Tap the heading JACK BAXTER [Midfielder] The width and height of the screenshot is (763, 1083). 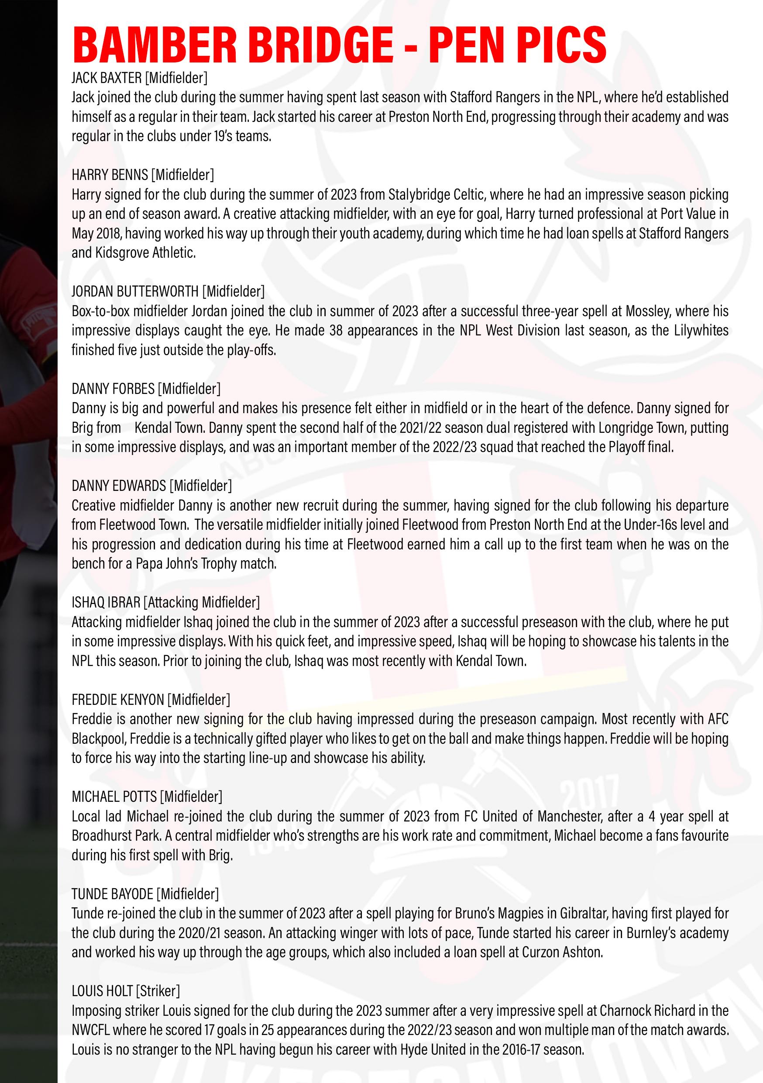click(140, 77)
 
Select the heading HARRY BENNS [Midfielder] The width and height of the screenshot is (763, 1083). click(143, 175)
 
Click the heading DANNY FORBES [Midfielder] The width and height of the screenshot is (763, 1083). click(146, 388)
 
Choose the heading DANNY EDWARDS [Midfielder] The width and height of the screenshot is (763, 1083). click(152, 485)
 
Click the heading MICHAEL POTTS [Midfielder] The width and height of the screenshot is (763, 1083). click(147, 796)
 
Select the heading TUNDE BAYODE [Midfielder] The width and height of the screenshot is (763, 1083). click(145, 893)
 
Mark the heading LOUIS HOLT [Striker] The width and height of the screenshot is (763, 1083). click(126, 990)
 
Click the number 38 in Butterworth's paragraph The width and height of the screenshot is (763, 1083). click(336, 330)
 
